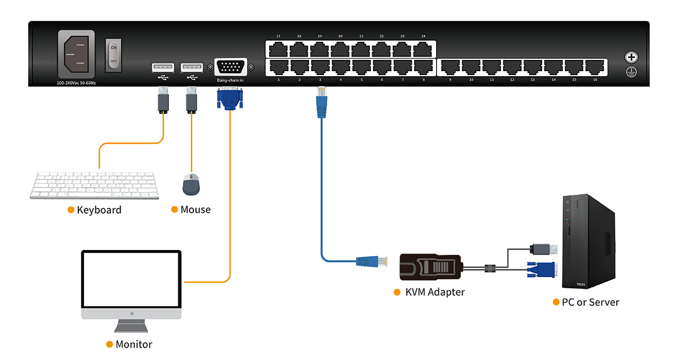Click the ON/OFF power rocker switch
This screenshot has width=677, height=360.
pos(114,55)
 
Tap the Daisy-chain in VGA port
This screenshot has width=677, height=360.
pos(230,68)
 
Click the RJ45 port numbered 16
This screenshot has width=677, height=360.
pos(595,67)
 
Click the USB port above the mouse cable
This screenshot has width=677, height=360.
pos(192,68)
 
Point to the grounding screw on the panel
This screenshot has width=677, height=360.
pos(630,57)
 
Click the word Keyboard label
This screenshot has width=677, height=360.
pos(99,210)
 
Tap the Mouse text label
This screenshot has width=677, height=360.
pos(195,209)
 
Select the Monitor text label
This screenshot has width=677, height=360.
pos(134,344)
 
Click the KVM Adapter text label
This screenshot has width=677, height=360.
pos(435,292)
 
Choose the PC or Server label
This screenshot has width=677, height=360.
pos(590,302)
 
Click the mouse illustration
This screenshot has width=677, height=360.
pos(191,184)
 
